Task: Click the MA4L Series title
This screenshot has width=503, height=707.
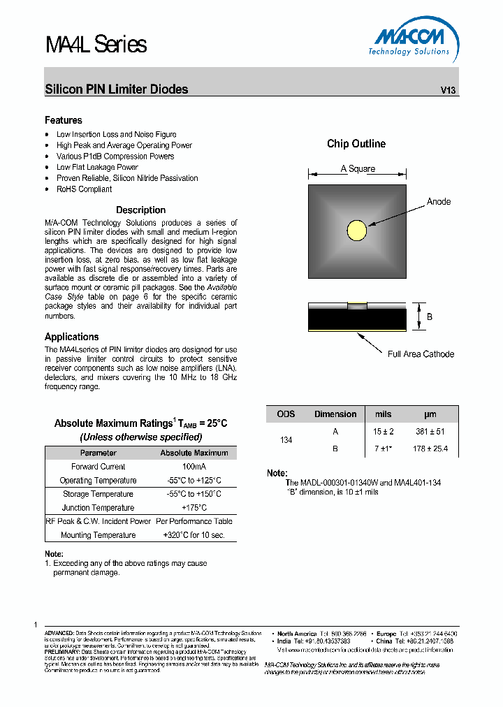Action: click(96, 45)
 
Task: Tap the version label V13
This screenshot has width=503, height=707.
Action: click(448, 90)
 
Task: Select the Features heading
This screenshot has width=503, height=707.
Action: click(64, 120)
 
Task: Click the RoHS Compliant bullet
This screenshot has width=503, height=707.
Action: click(84, 189)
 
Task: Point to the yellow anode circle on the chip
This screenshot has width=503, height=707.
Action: click(357, 230)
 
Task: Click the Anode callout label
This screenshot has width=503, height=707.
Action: click(439, 202)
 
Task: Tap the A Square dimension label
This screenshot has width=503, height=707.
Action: click(358, 169)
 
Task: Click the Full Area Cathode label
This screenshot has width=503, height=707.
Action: click(421, 354)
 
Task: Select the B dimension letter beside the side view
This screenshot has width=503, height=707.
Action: click(430, 316)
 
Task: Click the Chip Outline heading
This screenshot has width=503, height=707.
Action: click(356, 144)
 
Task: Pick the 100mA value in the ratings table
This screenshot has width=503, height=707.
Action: click(194, 467)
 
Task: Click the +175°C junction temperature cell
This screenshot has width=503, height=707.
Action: click(194, 508)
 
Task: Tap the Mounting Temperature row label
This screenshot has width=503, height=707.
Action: click(99, 535)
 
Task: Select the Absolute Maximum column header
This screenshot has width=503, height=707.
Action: click(194, 453)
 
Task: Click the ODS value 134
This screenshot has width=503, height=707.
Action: click(286, 440)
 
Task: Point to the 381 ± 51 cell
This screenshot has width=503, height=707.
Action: click(430, 432)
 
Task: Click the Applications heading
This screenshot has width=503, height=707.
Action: click(72, 337)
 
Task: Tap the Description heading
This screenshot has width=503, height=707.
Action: click(140, 210)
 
